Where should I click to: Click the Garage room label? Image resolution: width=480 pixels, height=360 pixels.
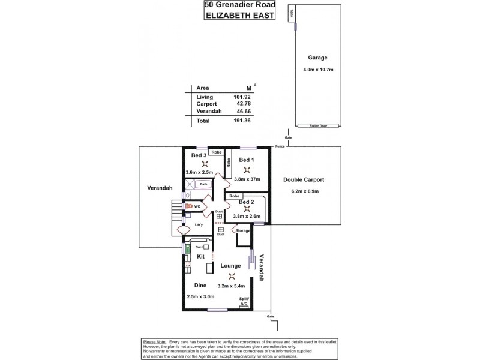pos(317,58)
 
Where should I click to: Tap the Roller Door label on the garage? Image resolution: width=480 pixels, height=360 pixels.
pos(317,126)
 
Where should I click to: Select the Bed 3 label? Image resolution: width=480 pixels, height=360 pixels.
pos(199,155)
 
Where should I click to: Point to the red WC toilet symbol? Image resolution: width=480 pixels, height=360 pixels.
pos(188,206)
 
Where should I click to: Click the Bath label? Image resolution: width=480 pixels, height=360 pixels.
pos(203,184)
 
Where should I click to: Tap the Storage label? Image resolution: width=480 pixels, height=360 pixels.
pos(242,230)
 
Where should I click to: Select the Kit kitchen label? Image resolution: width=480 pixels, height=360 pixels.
pos(193,256)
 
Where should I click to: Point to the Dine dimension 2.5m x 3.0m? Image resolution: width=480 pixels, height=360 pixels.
pos(199,296)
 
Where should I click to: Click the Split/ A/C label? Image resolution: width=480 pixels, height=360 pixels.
pos(244,302)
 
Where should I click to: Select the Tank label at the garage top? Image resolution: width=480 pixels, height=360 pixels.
pos(292,12)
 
